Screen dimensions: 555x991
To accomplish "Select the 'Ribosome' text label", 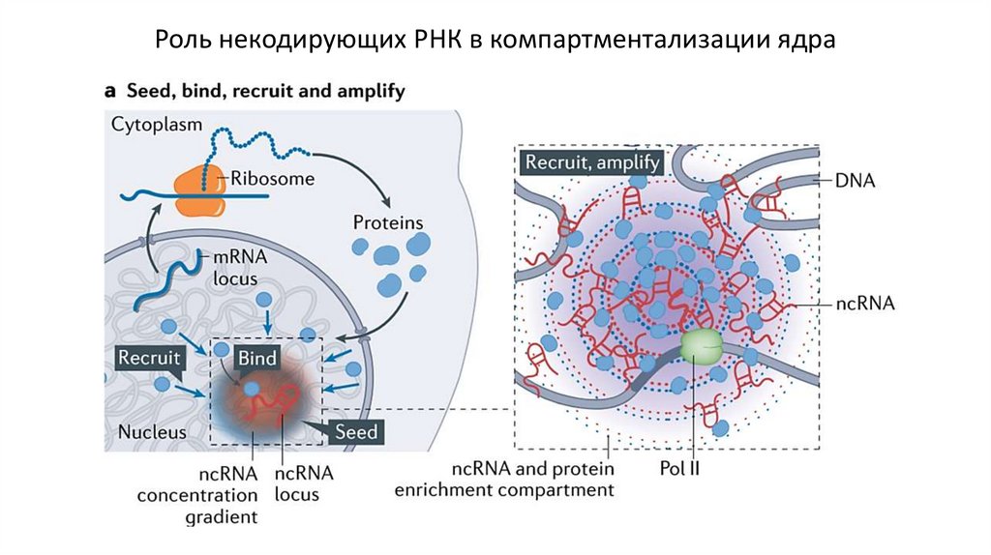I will tap(270, 178).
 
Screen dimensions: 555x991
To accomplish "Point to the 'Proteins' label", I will tap(388, 222).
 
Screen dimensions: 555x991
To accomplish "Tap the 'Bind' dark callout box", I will tap(257, 359).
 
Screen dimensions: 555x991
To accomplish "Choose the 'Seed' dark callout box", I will tap(353, 430).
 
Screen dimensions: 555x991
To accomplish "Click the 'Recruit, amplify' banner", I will tap(591, 161).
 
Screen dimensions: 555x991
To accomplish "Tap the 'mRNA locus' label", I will tap(230, 268).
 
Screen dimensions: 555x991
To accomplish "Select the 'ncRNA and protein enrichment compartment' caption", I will tap(504, 480).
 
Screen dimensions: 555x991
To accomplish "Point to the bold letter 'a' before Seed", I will tap(109, 91).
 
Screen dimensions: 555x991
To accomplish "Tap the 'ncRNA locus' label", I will tap(304, 482).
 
